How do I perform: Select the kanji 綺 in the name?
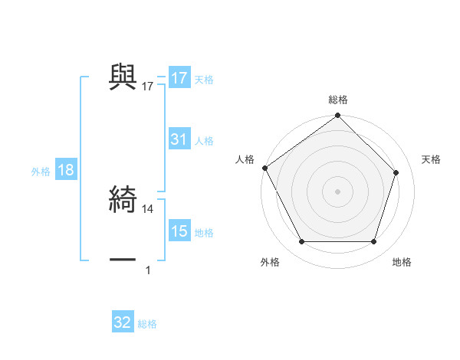[123, 200]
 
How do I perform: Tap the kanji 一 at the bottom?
[123, 260]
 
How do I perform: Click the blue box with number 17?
[179, 78]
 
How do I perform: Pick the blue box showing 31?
[179, 139]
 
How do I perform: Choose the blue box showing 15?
[179, 231]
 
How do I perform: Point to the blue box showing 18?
[66, 171]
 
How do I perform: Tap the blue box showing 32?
[123, 322]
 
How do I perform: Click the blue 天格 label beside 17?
[204, 80]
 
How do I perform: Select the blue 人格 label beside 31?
[204, 141]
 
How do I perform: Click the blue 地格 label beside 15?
[204, 233]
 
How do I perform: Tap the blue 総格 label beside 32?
[147, 324]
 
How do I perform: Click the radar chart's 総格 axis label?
[338, 100]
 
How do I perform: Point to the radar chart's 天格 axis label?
[432, 159]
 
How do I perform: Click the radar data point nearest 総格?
[338, 116]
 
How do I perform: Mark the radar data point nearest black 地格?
[374, 242]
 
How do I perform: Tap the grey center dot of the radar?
[338, 191]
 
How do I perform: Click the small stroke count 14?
[148, 208]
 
